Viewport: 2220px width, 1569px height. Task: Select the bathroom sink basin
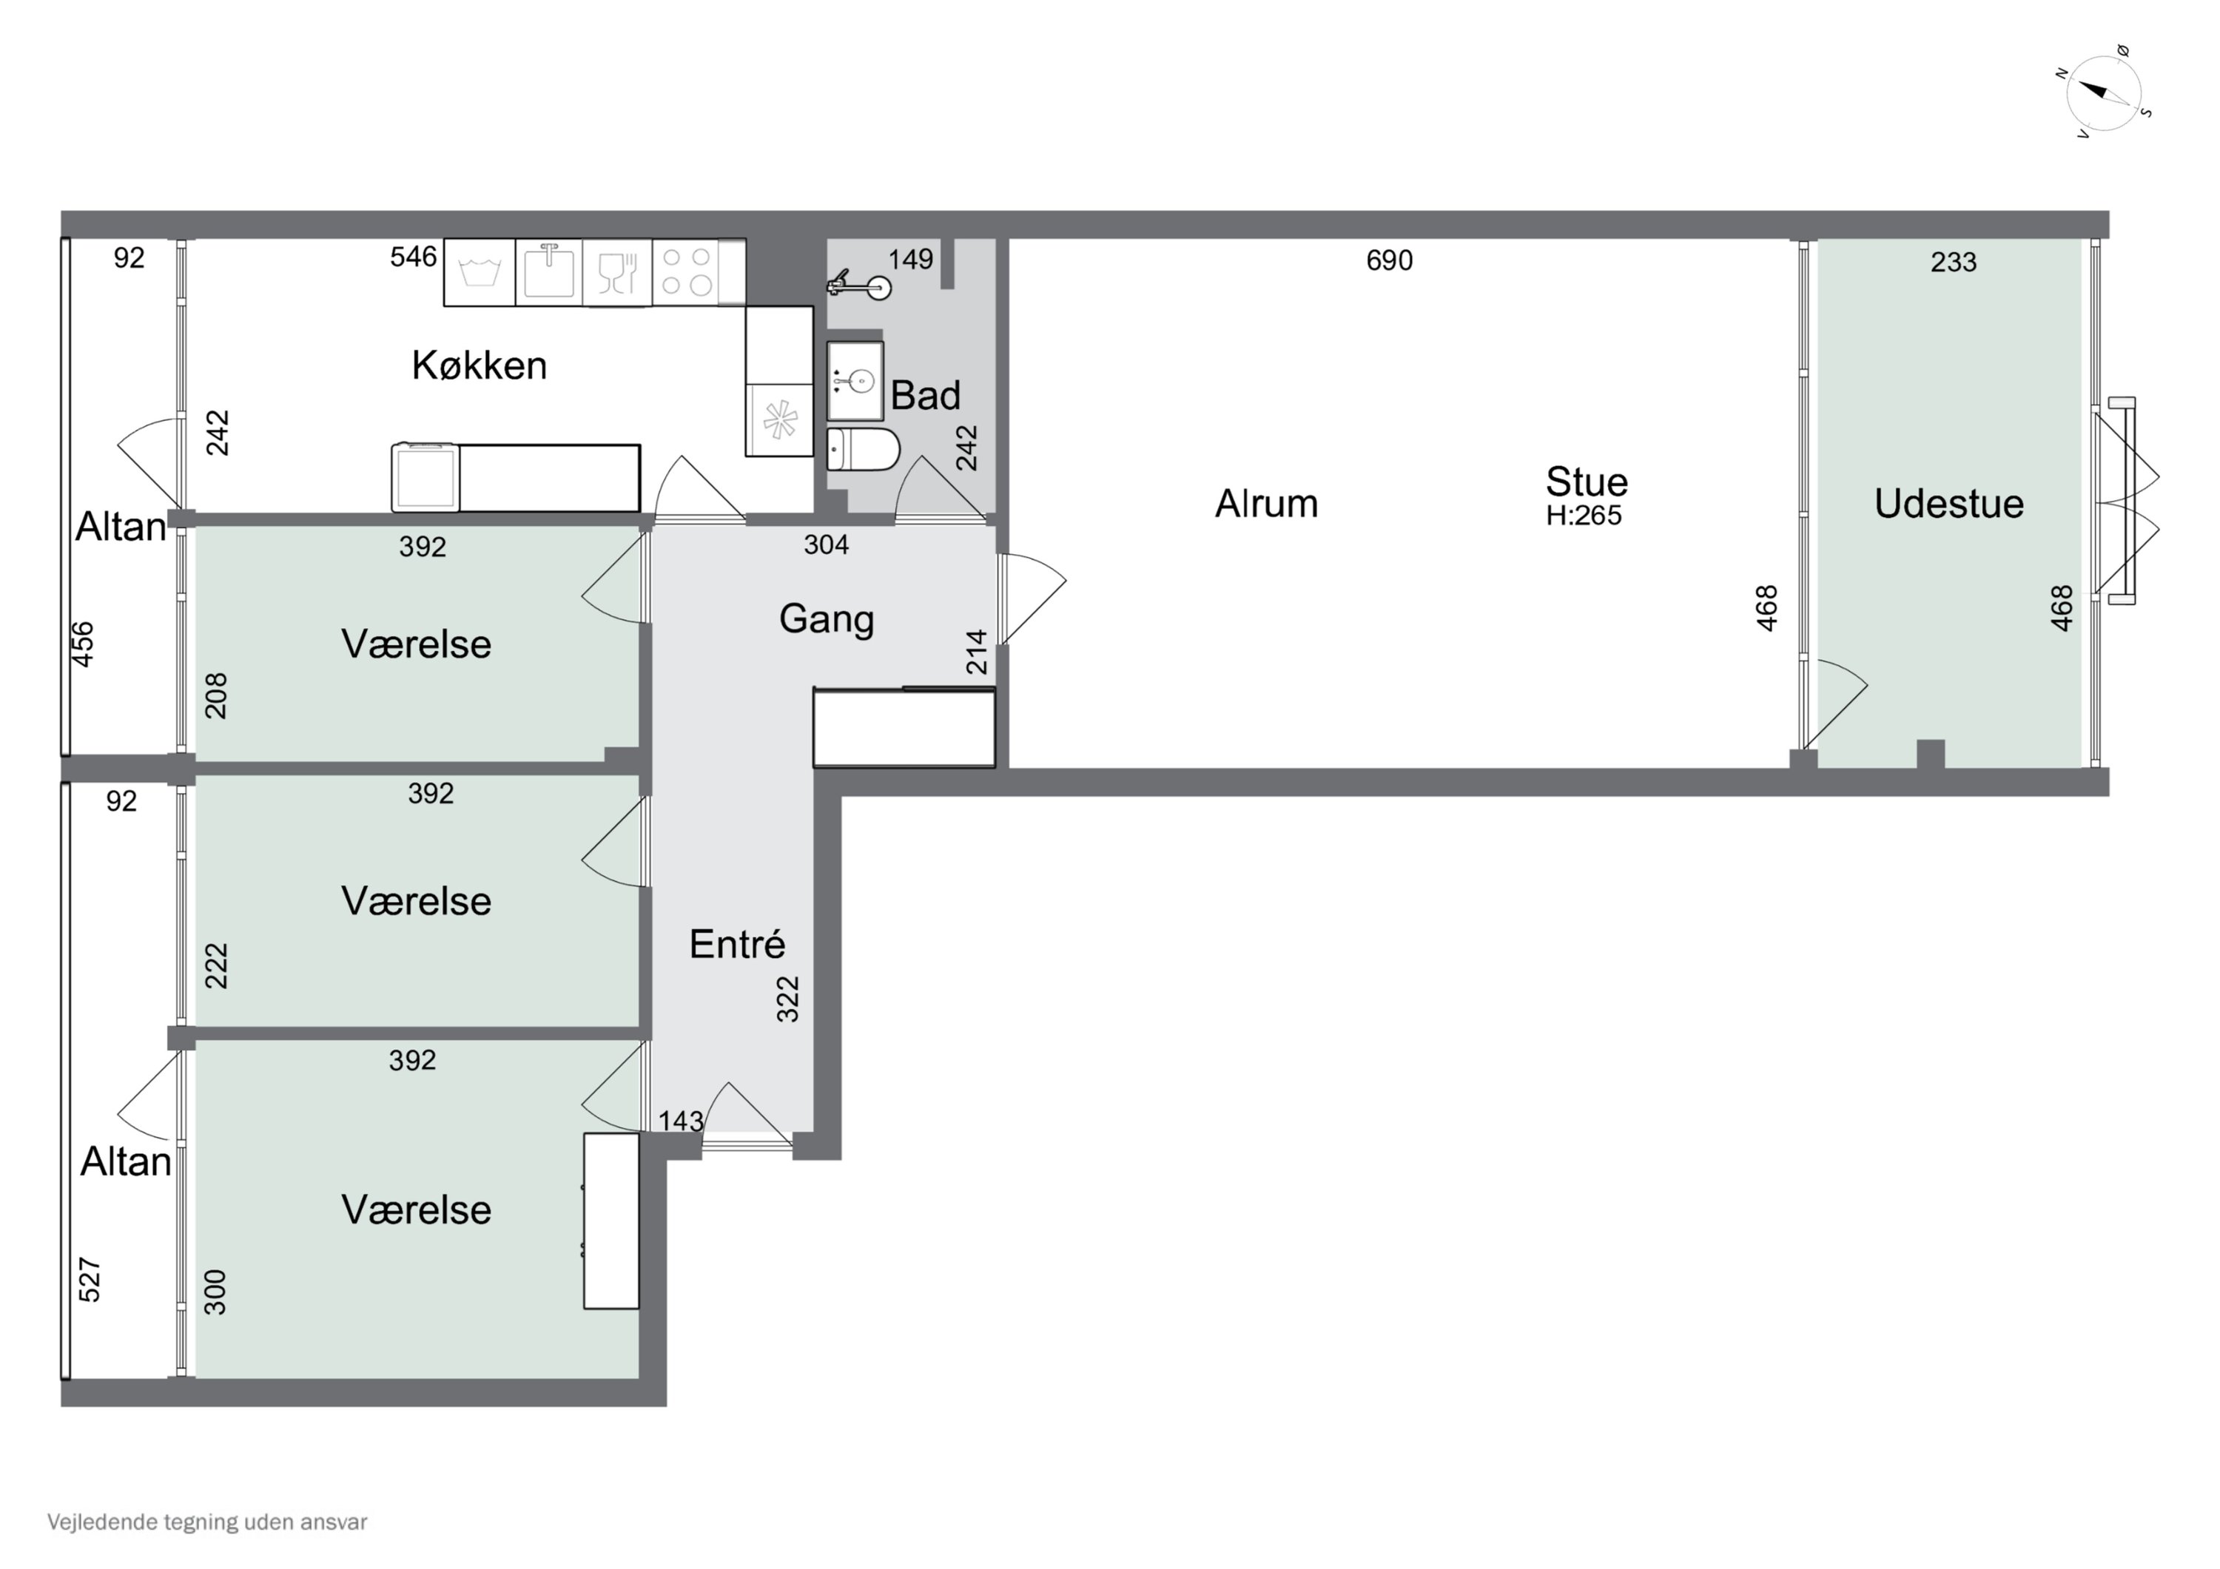pyautogui.click(x=855, y=381)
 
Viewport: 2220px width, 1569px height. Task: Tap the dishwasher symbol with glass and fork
pyautogui.click(x=617, y=273)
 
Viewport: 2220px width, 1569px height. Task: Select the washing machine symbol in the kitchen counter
pyautogui.click(x=480, y=273)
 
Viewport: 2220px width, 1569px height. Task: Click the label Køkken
pyautogui.click(x=480, y=365)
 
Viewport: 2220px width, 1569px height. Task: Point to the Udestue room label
pyautogui.click(x=1948, y=504)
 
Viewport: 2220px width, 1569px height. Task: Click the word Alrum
pyautogui.click(x=1267, y=504)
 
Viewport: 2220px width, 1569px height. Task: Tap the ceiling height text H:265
pyautogui.click(x=1584, y=516)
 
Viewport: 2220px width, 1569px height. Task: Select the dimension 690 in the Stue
pyautogui.click(x=1390, y=260)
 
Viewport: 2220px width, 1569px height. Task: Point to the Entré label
pyautogui.click(x=737, y=945)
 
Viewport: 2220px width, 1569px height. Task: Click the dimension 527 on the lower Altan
pyautogui.click(x=89, y=1279)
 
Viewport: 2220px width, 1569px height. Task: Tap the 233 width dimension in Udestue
pyautogui.click(x=1953, y=262)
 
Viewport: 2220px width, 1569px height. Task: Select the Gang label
pyautogui.click(x=827, y=620)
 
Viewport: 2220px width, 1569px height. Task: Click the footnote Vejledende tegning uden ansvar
pyautogui.click(x=207, y=1522)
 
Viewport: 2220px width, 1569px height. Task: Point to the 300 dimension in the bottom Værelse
pyautogui.click(x=215, y=1292)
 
